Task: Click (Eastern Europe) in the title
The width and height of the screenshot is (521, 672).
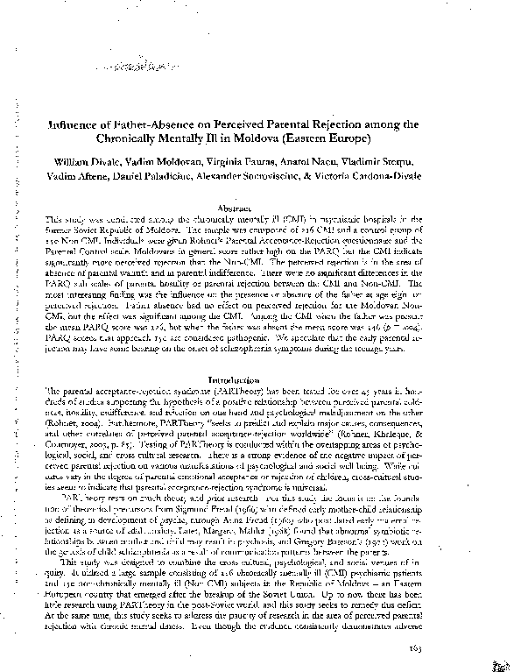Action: [x=336, y=139]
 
